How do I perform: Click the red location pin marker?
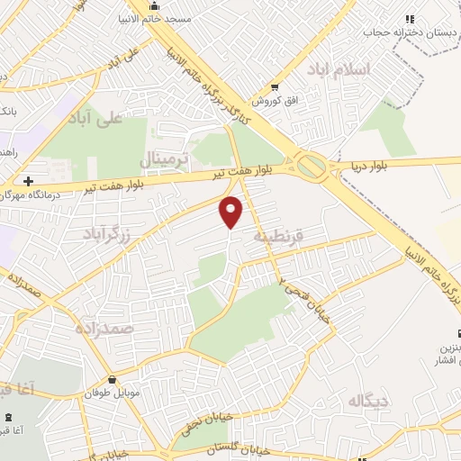[231, 212]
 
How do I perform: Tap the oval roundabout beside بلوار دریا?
[312, 166]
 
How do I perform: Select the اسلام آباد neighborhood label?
[339, 70]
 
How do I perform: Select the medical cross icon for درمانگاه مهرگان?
[29, 181]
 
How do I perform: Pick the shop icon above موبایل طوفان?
[113, 380]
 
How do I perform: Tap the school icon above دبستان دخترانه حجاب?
[410, 19]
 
